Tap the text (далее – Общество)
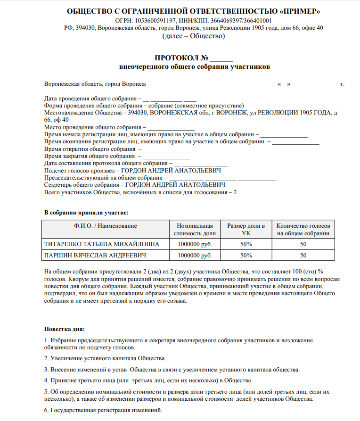click(194, 36)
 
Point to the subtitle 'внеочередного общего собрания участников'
click(194, 67)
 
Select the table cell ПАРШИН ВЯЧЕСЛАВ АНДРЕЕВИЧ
click(94, 256)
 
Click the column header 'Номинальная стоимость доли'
click(195, 230)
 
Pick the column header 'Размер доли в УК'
click(246, 230)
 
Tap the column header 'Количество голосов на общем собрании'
click(303, 230)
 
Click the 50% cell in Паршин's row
click(246, 256)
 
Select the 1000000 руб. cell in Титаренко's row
click(195, 244)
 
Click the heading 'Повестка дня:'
click(65, 329)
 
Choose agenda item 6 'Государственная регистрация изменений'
click(103, 410)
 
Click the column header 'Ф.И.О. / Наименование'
click(106, 226)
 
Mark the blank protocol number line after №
click(221, 59)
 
